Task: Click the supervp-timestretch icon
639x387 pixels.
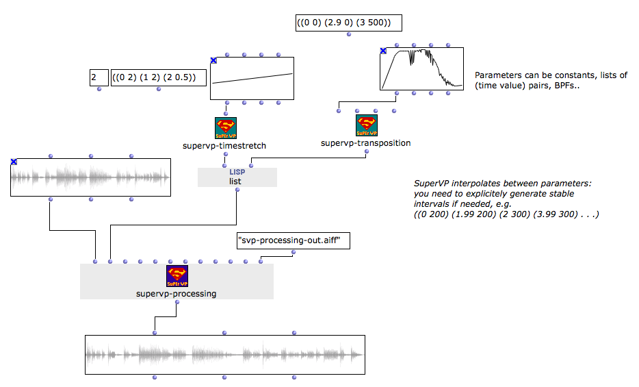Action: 226,128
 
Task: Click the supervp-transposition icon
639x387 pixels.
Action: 367,125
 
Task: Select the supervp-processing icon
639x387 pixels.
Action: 177,276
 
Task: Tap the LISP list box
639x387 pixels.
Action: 237,177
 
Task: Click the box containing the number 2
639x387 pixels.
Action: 99,77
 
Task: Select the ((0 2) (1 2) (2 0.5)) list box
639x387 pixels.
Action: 159,77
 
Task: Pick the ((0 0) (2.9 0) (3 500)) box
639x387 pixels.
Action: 349,23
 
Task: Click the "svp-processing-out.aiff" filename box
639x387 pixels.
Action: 294,240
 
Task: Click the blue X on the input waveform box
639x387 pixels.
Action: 14,162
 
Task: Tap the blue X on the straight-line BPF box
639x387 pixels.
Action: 213,60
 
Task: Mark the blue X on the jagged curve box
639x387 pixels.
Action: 383,51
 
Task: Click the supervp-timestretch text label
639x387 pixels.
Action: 224,146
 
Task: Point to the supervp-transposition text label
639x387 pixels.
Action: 365,143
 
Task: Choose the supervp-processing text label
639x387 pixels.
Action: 176,294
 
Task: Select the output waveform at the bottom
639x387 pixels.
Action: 225,355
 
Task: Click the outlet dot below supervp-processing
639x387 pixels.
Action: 177,302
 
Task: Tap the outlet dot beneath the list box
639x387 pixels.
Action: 237,190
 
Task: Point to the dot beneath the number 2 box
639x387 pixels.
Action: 99,89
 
